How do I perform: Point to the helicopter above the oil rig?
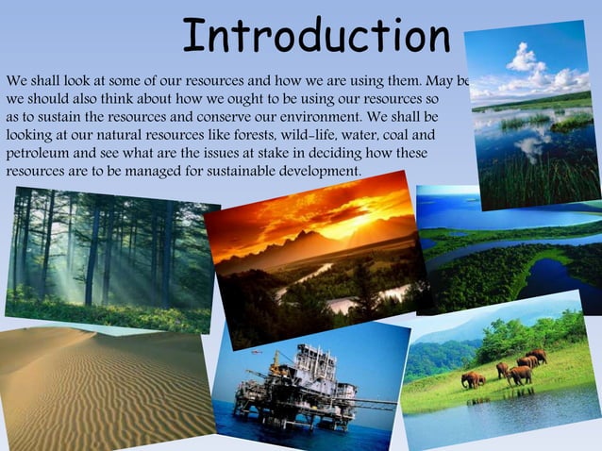coord(257,350)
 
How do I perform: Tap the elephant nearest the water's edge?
coord(469,379)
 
